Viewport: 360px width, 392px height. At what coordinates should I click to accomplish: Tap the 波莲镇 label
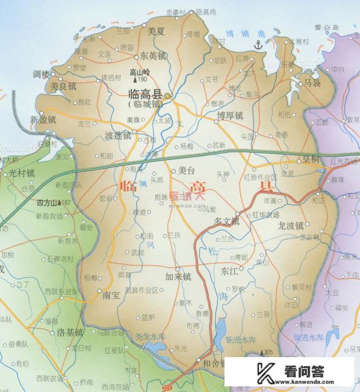pos(118,136)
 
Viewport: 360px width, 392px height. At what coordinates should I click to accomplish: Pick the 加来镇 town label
pos(178,277)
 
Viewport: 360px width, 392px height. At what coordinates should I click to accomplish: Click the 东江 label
pos(229,271)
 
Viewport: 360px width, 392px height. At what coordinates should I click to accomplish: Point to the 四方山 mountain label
pos(47,202)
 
